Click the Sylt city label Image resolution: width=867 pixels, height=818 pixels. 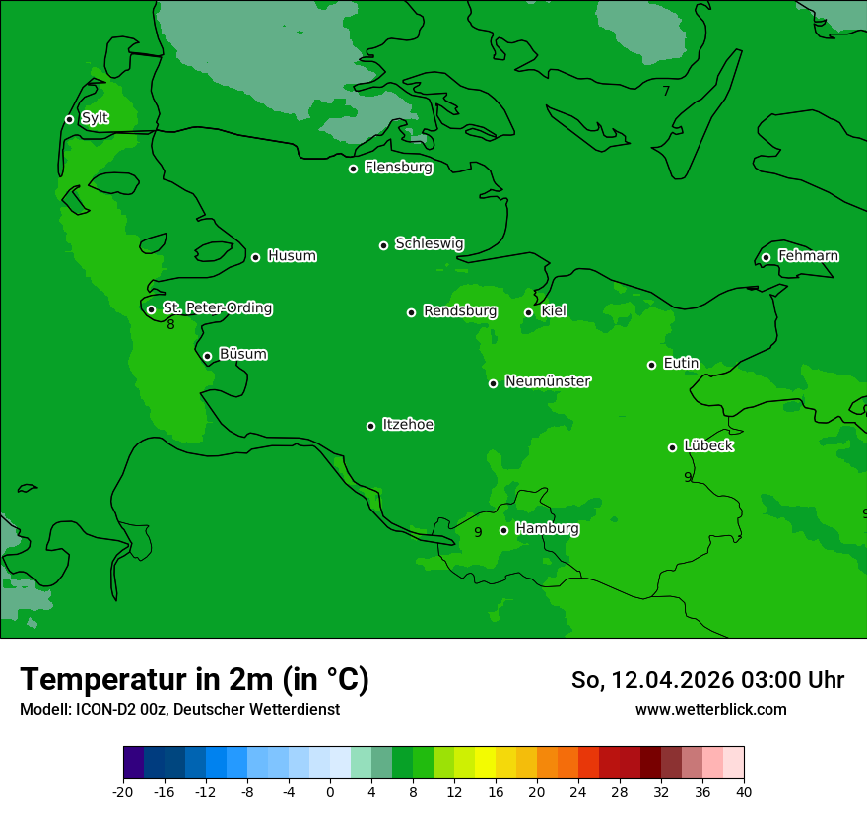[x=95, y=118]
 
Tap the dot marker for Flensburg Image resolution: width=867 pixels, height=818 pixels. [x=353, y=169]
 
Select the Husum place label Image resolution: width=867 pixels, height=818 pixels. [x=292, y=256]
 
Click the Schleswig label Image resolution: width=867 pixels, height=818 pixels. [x=430, y=243]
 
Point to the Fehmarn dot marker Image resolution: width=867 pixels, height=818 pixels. [x=766, y=257]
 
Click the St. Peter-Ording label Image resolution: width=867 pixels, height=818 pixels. [x=218, y=307]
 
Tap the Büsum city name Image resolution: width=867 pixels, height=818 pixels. [x=242, y=354]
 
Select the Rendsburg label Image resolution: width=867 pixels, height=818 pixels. [x=460, y=311]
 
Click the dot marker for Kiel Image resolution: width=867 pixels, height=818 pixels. [x=528, y=312]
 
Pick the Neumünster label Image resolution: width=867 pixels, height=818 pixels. [x=548, y=381]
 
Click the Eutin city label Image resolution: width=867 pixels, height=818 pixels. [x=681, y=363]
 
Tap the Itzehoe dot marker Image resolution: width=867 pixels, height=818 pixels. [x=370, y=426]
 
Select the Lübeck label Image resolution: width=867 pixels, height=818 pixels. [x=708, y=445]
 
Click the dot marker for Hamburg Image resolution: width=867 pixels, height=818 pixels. [x=503, y=530]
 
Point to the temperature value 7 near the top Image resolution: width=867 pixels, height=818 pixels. [x=666, y=91]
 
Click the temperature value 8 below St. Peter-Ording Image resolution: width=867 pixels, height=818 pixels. [x=170, y=324]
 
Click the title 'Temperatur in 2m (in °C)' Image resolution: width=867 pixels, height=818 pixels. [x=194, y=679]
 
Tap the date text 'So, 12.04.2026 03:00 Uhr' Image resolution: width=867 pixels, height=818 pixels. [x=707, y=680]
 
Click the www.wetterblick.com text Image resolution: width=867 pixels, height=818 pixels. [x=710, y=709]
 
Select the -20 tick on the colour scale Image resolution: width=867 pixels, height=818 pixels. [x=123, y=791]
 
